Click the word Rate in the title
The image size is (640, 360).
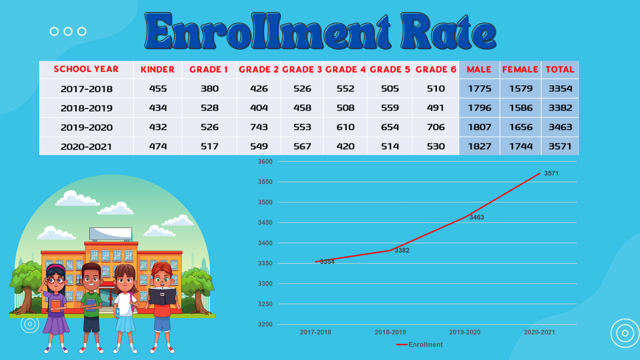(x=448, y=32)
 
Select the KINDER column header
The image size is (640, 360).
(x=157, y=69)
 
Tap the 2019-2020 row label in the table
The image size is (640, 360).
(x=86, y=127)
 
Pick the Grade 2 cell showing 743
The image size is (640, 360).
(x=259, y=127)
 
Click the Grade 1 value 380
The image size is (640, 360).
(x=209, y=89)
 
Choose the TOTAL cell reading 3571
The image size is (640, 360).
(x=560, y=146)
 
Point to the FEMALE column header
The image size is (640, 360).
(x=520, y=69)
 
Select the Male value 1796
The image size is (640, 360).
(x=479, y=108)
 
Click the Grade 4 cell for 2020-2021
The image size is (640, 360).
(x=345, y=146)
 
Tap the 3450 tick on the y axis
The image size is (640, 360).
(x=265, y=223)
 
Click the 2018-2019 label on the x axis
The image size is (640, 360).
(x=390, y=332)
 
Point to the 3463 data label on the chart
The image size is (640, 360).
(x=477, y=217)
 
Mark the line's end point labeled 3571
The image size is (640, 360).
(x=540, y=174)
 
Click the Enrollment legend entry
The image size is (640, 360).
(x=420, y=345)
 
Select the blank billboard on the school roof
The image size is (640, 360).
(x=110, y=233)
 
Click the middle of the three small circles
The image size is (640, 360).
(x=68, y=31)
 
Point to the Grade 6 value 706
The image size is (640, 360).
(x=436, y=127)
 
